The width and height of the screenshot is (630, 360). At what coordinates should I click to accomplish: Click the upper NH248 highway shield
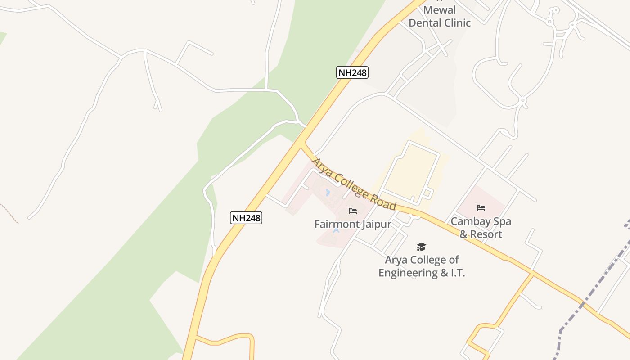tap(352, 72)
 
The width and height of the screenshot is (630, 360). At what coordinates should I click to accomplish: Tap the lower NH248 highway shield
tap(246, 218)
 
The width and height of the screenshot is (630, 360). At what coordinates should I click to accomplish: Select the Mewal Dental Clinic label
tap(440, 16)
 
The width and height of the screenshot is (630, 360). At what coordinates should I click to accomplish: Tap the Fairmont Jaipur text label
tap(352, 224)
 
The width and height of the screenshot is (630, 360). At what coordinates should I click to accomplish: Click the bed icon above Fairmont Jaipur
tap(352, 211)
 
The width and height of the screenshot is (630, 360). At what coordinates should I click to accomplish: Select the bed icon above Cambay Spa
tap(481, 208)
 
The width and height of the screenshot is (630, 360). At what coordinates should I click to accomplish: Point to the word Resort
tap(488, 234)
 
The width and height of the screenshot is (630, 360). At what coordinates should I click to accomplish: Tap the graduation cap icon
tap(421, 247)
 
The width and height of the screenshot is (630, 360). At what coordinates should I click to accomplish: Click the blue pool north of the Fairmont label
tap(327, 193)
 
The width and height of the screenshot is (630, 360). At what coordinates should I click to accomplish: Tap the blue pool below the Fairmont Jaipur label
tap(336, 231)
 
